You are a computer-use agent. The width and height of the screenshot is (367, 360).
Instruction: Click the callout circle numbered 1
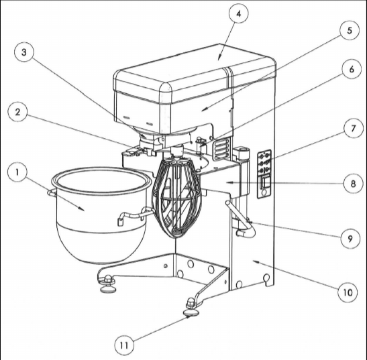pos(17,172)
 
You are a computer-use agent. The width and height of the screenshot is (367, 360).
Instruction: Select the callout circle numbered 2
pos(18,112)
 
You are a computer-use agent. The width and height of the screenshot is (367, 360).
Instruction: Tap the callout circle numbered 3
pos(24,52)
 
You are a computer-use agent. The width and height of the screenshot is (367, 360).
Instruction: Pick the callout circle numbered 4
pos(238,13)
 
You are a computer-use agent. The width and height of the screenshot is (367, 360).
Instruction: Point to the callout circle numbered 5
pos(350,30)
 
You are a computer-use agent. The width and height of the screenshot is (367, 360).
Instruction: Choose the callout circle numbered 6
pos(352,70)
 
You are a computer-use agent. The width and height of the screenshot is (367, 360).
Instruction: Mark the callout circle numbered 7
pos(354,128)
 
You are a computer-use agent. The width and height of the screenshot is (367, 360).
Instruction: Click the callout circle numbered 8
pos(353,184)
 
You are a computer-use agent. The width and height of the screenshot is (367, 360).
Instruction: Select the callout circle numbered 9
pos(350,239)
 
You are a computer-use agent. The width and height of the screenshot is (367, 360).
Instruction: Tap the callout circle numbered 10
pos(348,292)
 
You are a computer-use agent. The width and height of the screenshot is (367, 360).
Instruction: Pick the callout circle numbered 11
pos(124,345)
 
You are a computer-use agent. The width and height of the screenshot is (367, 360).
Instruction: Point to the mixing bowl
pos(101,214)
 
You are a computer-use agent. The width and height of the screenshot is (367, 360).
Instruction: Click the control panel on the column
pos(264,174)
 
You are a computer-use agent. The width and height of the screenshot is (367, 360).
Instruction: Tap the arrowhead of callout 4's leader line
pos(219,58)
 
